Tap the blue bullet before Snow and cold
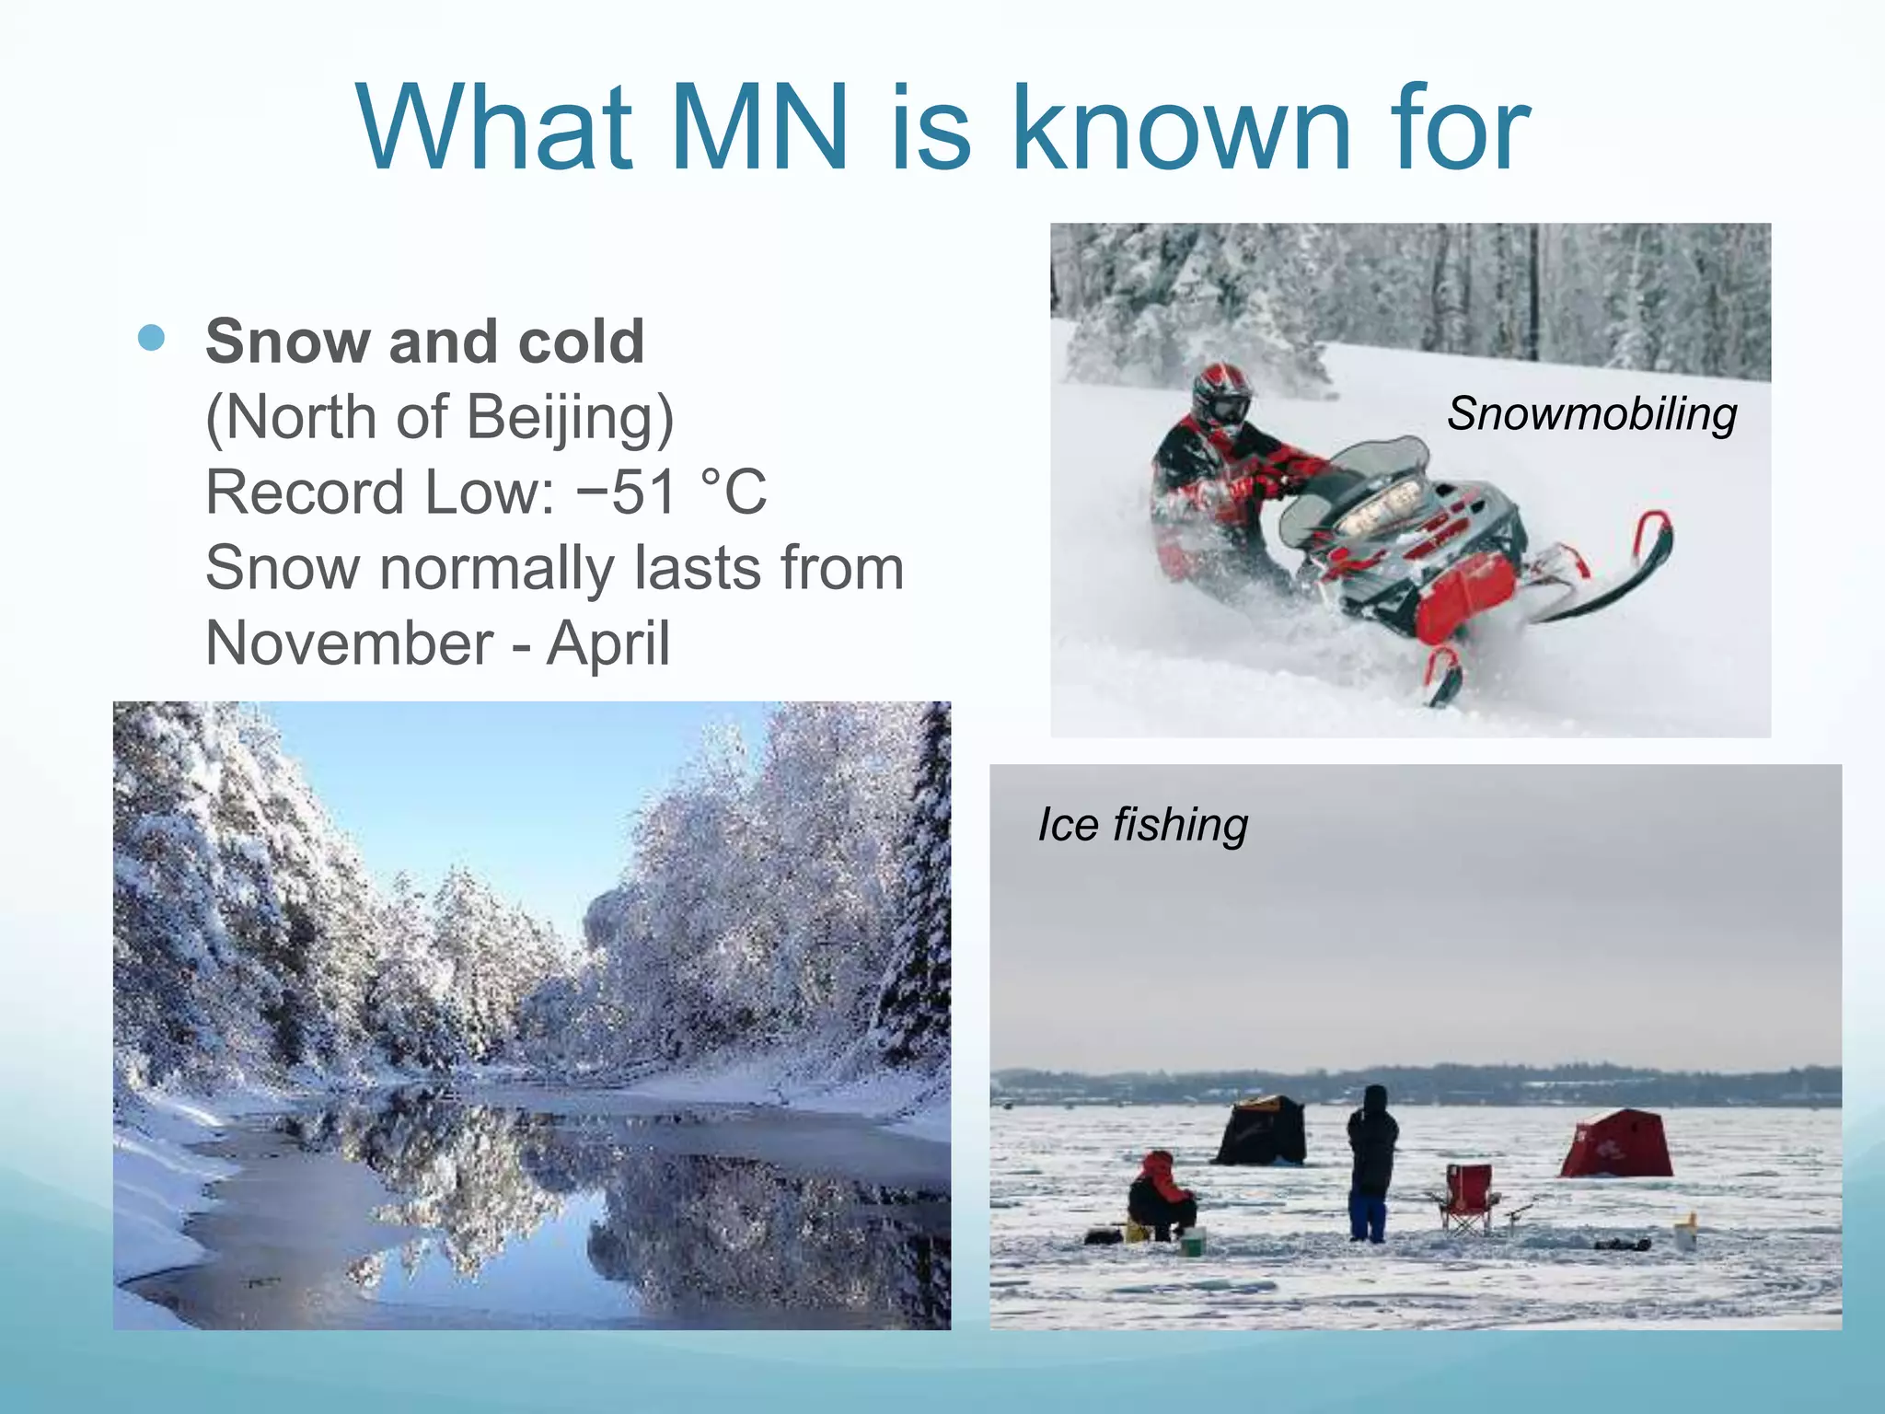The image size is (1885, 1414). (x=151, y=339)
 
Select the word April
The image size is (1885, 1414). (x=607, y=643)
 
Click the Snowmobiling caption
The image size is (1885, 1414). (x=1591, y=413)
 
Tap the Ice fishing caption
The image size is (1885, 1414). (x=1142, y=825)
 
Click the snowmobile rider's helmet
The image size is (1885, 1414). (x=1221, y=396)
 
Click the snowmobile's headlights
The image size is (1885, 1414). (x=1378, y=509)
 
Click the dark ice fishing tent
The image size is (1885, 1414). (x=1262, y=1131)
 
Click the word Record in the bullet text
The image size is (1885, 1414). (x=302, y=493)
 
